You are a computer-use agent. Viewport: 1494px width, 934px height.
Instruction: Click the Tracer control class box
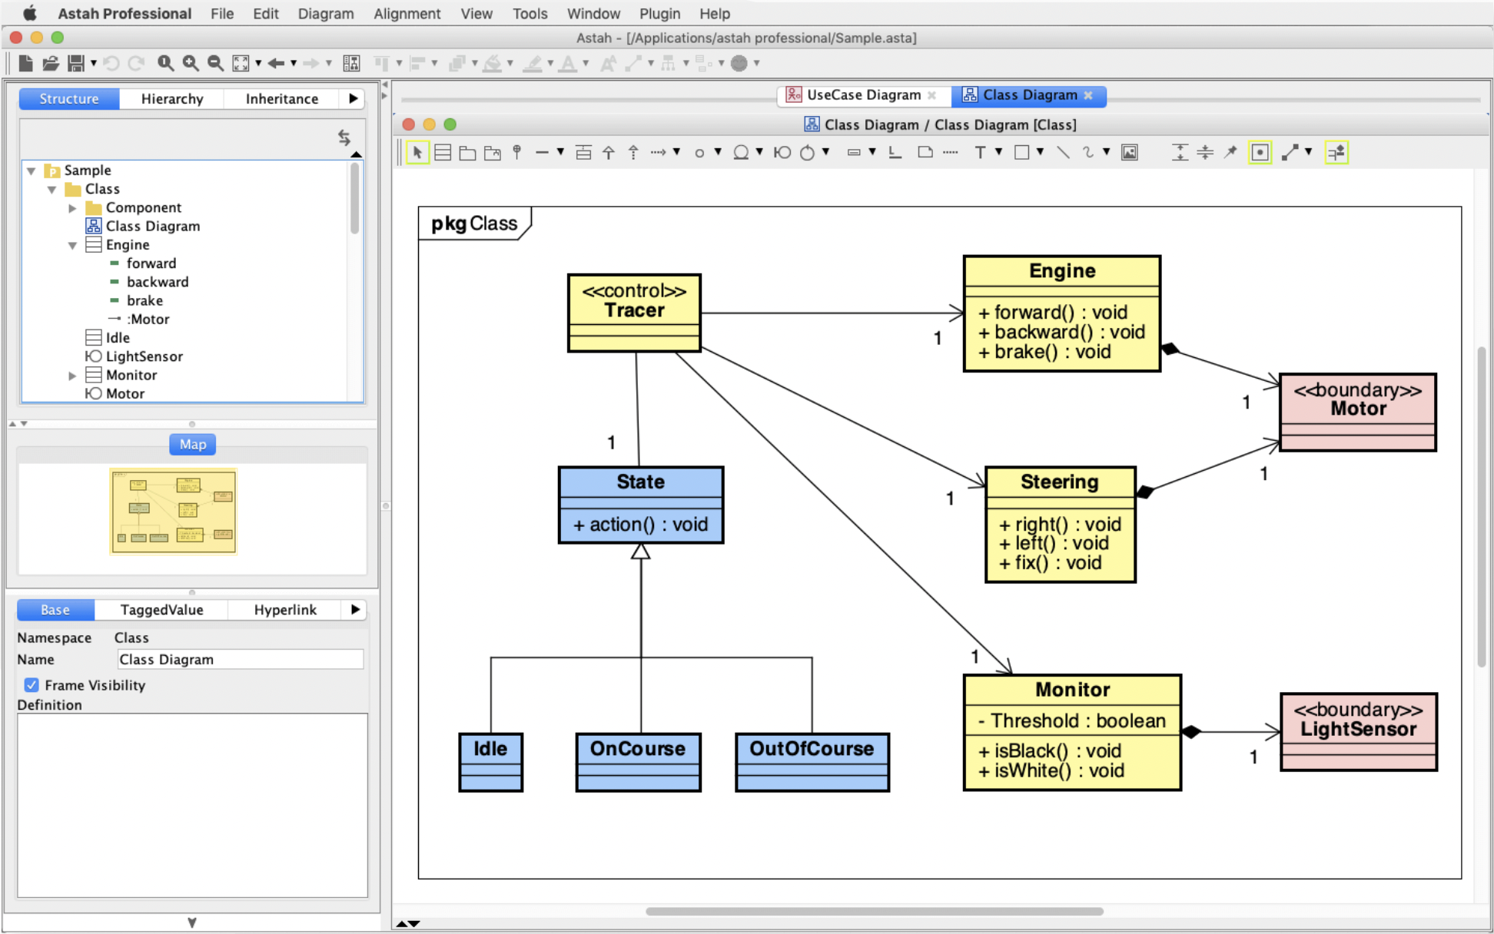pos(634,312)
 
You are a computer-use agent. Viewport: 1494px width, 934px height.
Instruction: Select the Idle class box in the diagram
pos(490,760)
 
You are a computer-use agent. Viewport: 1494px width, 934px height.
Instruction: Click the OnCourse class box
pos(638,760)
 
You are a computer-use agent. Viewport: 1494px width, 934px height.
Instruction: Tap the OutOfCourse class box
pos(812,760)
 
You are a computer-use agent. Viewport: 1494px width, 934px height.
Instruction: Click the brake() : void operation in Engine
pos(1044,352)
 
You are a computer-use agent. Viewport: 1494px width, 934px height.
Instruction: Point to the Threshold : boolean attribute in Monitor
pos(1071,720)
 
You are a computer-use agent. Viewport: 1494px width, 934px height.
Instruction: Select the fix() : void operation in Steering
pos(1050,563)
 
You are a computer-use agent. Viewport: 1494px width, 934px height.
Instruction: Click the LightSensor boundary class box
pos(1358,730)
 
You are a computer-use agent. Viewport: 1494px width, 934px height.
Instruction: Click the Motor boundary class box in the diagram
pos(1357,411)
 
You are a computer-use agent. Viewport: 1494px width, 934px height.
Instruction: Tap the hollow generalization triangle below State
pos(641,551)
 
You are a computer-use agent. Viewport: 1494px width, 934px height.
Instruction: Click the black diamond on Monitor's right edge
pos(1191,731)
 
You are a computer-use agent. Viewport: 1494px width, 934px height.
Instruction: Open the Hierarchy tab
pos(172,98)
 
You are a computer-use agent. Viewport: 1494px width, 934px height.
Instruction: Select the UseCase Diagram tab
pos(862,94)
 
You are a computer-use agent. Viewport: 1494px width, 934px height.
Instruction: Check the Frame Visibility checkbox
pos(32,684)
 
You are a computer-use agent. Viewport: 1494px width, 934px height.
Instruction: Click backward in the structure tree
pos(157,282)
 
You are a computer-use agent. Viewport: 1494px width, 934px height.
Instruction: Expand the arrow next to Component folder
pos(72,207)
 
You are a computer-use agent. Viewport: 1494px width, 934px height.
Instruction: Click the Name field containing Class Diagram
pos(240,659)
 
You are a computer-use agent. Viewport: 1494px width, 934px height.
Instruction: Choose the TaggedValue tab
pos(161,609)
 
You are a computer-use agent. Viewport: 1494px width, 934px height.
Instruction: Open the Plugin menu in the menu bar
pos(659,13)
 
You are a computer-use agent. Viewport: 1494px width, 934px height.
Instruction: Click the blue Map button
pos(192,444)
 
